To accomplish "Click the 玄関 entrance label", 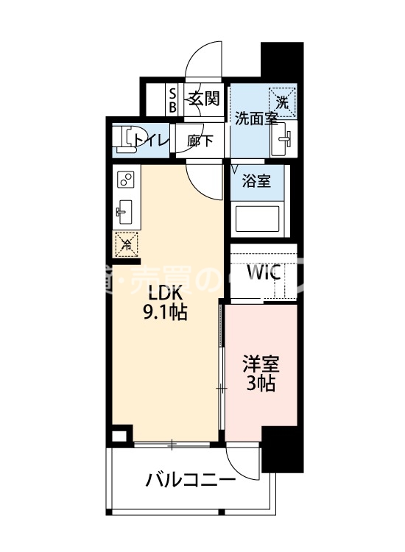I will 202,99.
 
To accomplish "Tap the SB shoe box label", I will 173,99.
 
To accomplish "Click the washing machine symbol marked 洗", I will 283,102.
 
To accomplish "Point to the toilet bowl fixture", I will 131,139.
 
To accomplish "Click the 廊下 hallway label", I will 200,140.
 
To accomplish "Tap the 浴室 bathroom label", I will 257,181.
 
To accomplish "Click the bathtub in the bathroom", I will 256,219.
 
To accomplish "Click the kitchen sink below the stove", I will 124,212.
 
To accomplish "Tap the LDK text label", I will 166,291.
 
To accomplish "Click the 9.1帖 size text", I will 166,312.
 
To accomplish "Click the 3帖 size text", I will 261,383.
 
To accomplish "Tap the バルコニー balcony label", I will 191,481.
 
